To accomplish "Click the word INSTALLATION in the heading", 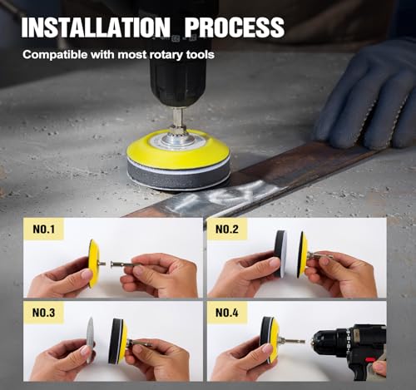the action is (96, 27).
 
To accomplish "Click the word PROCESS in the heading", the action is (235, 27).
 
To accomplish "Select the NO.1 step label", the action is (44, 230).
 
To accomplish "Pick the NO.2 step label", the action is (227, 230).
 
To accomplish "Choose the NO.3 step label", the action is (44, 313).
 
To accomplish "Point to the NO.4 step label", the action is (227, 313).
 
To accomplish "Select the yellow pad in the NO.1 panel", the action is (94, 264).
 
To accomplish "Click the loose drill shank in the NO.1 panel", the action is (126, 264).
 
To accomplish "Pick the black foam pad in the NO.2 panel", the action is (280, 254).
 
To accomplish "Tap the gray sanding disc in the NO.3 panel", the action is (90, 340).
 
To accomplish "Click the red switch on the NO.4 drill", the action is (371, 360).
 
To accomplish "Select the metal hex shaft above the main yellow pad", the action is (178, 120).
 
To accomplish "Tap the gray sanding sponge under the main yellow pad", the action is (179, 175).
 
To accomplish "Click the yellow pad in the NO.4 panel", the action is (274, 340).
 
